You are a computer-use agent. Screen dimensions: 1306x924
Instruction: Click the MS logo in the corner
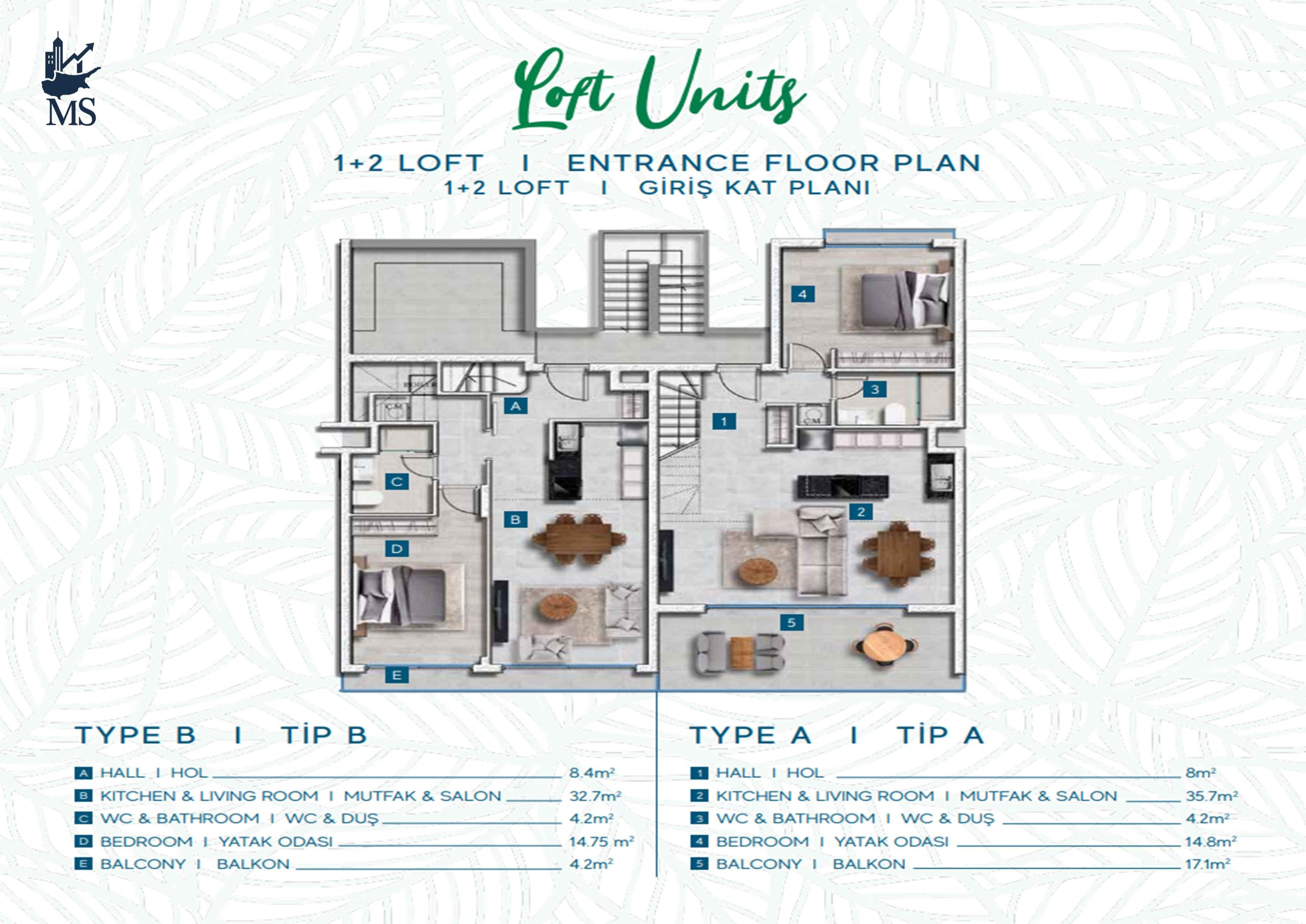tap(70, 79)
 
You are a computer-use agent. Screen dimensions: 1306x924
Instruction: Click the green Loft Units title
tap(659, 90)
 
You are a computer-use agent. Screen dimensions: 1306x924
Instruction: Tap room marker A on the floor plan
tap(516, 406)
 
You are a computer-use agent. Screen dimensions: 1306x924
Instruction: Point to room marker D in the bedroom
tap(396, 549)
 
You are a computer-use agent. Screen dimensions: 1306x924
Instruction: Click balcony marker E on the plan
tap(396, 675)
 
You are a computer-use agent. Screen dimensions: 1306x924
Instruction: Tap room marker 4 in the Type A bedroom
tap(802, 294)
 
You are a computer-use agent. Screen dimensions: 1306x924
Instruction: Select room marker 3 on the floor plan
tap(874, 389)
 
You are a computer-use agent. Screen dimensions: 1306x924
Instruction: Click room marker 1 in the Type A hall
tap(724, 422)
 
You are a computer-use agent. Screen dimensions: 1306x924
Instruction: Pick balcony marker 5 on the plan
tap(792, 623)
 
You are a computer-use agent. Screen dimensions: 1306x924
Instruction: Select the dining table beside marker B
tap(580, 539)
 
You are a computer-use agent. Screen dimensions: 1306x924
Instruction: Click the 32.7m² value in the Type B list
tap(595, 796)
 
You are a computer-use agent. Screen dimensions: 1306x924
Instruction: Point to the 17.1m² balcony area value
tap(1208, 864)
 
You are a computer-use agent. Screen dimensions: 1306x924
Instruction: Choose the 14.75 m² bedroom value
tap(601, 841)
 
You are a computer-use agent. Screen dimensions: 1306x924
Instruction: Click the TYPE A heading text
tap(750, 735)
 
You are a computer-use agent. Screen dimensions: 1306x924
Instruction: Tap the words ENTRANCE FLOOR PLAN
tap(774, 163)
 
